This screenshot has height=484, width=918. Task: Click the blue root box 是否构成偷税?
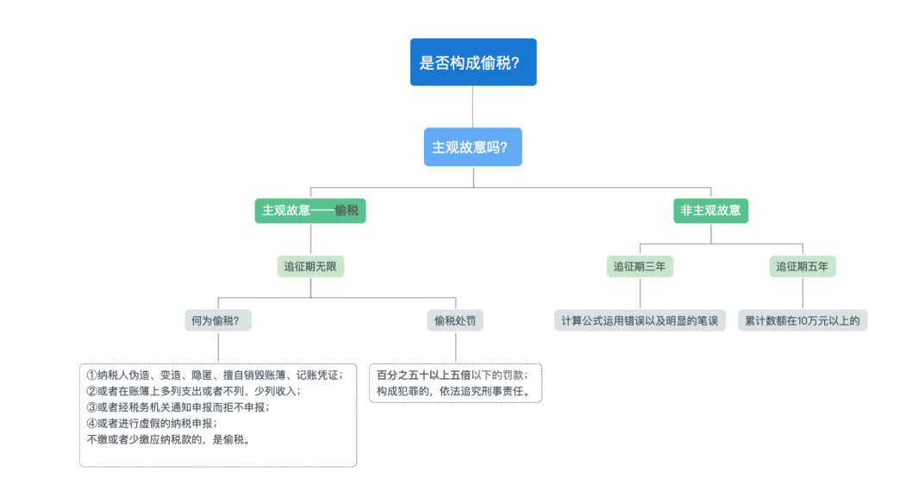(472, 62)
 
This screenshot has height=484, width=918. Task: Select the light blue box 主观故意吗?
(472, 146)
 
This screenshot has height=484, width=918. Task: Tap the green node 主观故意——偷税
(310, 210)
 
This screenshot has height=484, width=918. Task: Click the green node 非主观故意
(710, 210)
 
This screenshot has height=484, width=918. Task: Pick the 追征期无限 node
(310, 266)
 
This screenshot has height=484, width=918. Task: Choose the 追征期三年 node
(639, 266)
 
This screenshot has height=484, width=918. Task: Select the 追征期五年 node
(802, 266)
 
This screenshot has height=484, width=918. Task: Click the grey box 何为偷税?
(218, 321)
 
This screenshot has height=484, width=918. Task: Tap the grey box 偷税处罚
(455, 321)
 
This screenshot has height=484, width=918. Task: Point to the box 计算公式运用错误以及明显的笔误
(639, 321)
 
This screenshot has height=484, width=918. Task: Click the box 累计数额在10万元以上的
(802, 321)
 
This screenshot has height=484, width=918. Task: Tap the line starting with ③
(178, 407)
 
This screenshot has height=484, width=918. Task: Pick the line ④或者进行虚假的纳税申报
(152, 423)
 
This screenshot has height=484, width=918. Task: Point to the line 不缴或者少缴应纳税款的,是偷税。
(169, 439)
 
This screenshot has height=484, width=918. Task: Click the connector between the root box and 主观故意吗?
(472, 107)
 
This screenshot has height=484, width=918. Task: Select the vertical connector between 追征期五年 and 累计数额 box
(802, 294)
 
